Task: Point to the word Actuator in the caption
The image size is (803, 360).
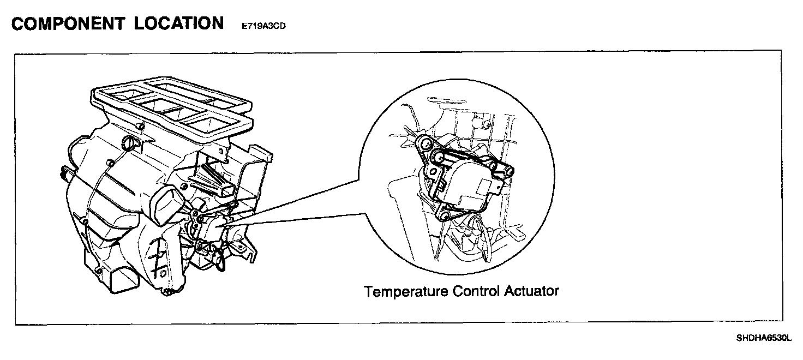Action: [x=531, y=291]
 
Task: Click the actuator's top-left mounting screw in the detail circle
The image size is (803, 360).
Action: [x=423, y=145]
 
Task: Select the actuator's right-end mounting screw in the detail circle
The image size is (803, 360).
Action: [x=508, y=172]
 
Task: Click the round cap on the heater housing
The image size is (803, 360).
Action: [x=130, y=144]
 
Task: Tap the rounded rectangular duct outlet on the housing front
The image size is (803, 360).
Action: [x=165, y=203]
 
